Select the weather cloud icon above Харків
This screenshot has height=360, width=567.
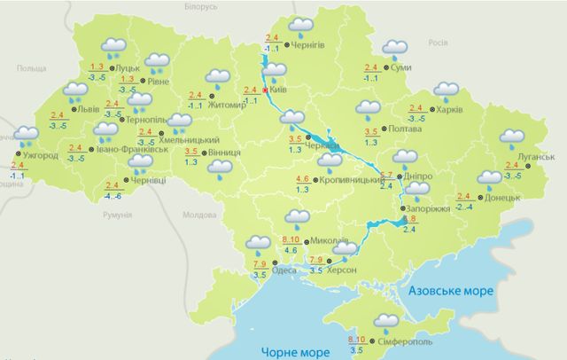click(x=445, y=90)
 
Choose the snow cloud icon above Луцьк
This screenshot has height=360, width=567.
click(x=113, y=46)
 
